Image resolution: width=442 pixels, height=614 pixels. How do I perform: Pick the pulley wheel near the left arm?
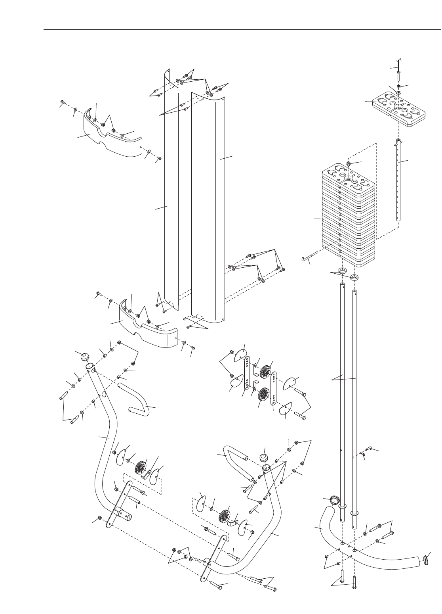coord(140,467)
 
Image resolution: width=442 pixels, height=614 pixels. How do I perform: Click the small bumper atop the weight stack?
coord(349,163)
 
